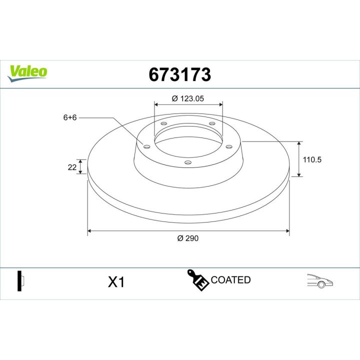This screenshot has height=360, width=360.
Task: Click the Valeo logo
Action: pyautogui.click(x=28, y=71)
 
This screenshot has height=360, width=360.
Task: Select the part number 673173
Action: pyautogui.click(x=180, y=74)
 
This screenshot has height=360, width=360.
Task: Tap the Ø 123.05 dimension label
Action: pyautogui.click(x=188, y=98)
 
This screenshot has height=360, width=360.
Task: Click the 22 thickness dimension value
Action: pyautogui.click(x=71, y=167)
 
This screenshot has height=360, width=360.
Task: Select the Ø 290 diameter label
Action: pyautogui.click(x=188, y=238)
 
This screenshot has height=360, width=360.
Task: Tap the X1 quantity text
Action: pyautogui.click(x=116, y=282)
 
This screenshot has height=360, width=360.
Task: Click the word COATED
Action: pyautogui.click(x=230, y=280)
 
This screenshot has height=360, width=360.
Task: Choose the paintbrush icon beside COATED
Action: pyautogui.click(x=198, y=280)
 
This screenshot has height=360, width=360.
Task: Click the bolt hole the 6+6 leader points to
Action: pyautogui.click(x=146, y=146)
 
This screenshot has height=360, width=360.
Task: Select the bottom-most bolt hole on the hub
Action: pyautogui.click(x=188, y=162)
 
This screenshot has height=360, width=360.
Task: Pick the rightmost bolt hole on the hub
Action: pyautogui.click(x=229, y=146)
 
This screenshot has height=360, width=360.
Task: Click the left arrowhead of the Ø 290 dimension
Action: pyautogui.click(x=90, y=231)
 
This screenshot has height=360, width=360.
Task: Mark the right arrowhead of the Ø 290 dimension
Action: pyautogui.click(x=286, y=231)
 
